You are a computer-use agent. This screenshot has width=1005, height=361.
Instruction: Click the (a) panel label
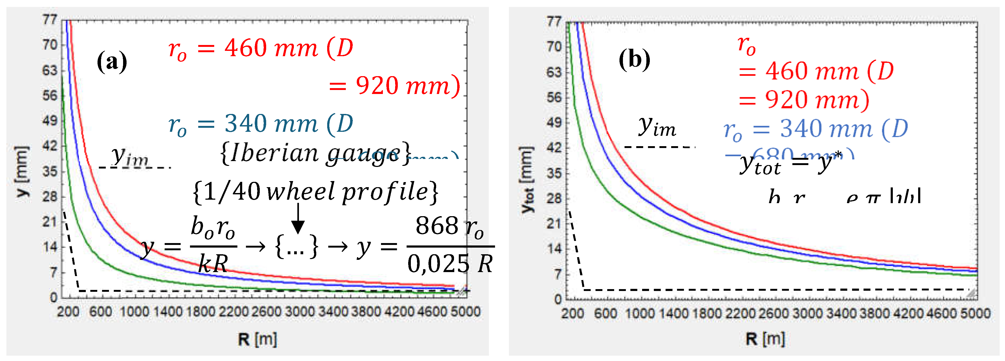[112, 61]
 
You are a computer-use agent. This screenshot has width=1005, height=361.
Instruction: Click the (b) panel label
[634, 60]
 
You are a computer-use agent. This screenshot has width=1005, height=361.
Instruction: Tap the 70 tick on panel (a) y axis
[50, 45]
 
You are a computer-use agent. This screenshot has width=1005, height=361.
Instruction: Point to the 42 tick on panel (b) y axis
[554, 148]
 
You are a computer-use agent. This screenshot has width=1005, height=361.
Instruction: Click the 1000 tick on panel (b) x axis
[640, 313]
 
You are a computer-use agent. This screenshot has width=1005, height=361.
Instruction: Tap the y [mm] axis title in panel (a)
[22, 171]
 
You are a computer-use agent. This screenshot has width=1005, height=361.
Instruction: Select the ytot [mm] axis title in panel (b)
[527, 180]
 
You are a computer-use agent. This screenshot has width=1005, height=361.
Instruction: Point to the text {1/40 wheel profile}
[315, 191]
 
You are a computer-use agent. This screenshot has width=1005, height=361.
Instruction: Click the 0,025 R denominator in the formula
[450, 264]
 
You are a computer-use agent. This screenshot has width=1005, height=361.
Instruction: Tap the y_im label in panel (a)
[130, 156]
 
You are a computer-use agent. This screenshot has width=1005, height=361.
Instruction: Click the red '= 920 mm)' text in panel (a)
[394, 86]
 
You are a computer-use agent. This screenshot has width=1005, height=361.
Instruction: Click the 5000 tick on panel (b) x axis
[976, 313]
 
